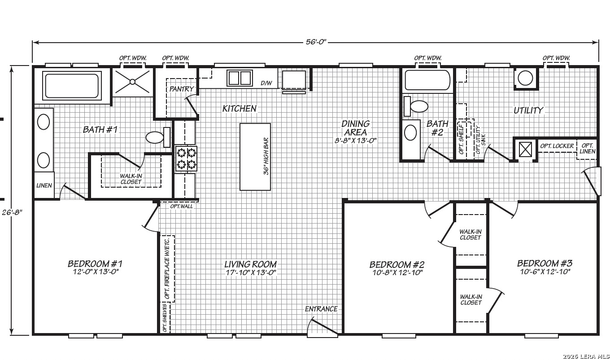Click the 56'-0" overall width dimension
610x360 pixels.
(x=316, y=42)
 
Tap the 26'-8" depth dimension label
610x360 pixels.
(x=12, y=212)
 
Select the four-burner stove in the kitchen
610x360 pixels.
(x=186, y=158)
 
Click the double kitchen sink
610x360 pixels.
(x=240, y=78)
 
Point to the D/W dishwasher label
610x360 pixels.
(x=266, y=83)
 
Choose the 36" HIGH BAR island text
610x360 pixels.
(x=266, y=156)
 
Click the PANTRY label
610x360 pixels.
(x=181, y=89)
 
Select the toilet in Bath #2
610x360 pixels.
(x=415, y=106)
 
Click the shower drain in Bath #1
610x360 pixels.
(x=133, y=82)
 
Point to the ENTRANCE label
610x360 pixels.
(x=321, y=309)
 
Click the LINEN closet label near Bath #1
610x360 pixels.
(x=44, y=185)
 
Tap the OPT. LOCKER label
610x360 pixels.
(x=557, y=146)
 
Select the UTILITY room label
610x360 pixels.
(x=528, y=110)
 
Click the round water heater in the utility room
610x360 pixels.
(x=525, y=78)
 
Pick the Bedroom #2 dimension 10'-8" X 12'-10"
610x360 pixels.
(x=397, y=272)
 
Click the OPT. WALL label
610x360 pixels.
(x=181, y=206)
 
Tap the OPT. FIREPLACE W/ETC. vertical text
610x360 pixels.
(x=167, y=268)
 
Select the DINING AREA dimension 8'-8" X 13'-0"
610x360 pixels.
(x=355, y=140)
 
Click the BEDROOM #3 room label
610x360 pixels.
(x=545, y=263)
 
